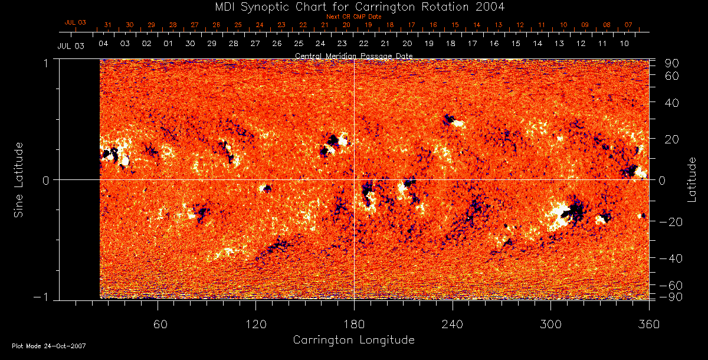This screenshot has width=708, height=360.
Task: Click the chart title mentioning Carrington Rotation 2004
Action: [353, 6]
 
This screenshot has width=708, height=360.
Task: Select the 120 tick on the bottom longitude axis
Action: [256, 325]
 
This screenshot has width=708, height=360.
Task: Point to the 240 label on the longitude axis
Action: [453, 325]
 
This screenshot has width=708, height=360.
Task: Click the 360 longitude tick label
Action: [648, 325]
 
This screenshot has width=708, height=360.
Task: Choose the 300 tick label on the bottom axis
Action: [550, 325]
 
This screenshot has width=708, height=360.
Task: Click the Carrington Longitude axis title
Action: [353, 340]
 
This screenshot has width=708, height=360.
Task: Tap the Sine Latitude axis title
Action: [19, 179]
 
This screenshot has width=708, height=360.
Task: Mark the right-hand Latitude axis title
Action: [691, 179]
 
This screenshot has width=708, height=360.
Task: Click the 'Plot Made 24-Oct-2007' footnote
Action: [49, 346]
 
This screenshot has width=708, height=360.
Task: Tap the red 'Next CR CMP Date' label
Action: [354, 17]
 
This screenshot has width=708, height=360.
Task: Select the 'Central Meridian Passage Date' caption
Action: [353, 55]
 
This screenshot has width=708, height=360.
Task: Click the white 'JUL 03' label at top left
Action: [71, 45]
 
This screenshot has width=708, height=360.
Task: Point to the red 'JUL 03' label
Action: [76, 22]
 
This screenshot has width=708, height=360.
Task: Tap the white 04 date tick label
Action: [103, 44]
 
